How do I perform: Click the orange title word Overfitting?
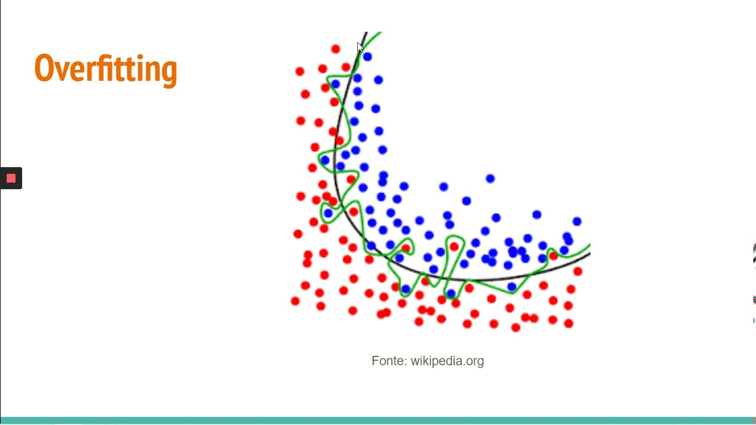[x=106, y=69]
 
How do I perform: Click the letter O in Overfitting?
[x=44, y=68]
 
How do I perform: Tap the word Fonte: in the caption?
[x=389, y=361]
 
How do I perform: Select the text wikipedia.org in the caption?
[x=447, y=361]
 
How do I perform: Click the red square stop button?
[x=11, y=178]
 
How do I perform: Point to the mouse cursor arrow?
[x=360, y=47]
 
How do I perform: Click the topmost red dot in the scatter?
[x=335, y=49]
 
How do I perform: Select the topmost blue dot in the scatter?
[x=367, y=57]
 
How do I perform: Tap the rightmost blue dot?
[x=576, y=221]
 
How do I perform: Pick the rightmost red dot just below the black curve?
[x=578, y=272]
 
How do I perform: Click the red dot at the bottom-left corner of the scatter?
[x=295, y=302]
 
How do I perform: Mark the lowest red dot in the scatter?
[x=516, y=328]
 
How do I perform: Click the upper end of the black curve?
[x=366, y=33]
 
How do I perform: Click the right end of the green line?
[x=589, y=246]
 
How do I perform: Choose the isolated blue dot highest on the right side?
[x=490, y=178]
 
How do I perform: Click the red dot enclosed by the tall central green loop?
[x=454, y=246]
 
